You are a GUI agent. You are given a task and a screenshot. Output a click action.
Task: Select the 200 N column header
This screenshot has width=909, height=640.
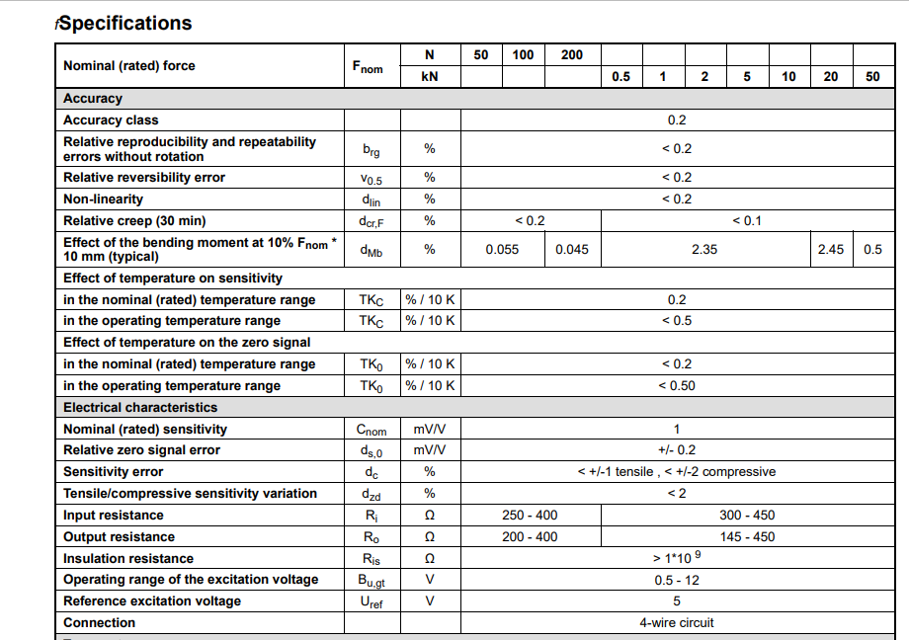point(572,55)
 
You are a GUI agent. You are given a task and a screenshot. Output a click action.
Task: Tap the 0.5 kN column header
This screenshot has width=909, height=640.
point(620,77)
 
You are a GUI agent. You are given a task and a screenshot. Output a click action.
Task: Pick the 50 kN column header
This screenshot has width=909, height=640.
point(872,77)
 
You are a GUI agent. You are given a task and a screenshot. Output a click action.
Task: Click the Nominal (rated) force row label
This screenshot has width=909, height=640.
point(129,66)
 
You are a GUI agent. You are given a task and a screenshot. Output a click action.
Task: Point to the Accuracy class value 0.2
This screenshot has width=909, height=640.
point(677,120)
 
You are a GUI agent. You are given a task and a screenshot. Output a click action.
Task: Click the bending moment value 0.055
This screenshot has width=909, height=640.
point(502,250)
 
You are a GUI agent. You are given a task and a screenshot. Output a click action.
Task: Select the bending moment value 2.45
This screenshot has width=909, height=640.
point(831,250)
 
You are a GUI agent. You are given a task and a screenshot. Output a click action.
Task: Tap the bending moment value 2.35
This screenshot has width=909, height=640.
point(704,250)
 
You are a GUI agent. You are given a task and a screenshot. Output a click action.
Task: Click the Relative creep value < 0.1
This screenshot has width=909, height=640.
point(747,221)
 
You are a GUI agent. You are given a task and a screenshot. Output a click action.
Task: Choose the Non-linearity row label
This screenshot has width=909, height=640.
point(103,200)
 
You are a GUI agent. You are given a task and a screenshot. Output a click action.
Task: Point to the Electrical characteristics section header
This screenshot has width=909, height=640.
point(140,408)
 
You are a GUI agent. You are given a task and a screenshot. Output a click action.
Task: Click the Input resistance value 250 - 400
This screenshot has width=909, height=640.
point(530,516)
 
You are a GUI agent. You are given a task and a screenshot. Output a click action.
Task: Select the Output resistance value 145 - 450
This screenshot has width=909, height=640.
point(747,537)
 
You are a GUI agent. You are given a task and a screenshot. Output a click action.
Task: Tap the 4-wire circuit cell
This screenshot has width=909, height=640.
point(677,623)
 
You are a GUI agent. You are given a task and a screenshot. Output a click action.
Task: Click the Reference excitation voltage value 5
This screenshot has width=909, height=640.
point(677,601)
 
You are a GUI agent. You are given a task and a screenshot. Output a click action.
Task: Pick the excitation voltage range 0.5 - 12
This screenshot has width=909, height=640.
point(677,580)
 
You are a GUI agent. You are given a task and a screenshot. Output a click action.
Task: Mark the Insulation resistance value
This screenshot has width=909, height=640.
point(677,558)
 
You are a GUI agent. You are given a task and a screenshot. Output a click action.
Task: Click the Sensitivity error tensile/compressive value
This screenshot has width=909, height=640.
point(677,472)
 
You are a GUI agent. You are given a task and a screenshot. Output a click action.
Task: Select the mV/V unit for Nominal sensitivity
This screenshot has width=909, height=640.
point(430,430)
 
